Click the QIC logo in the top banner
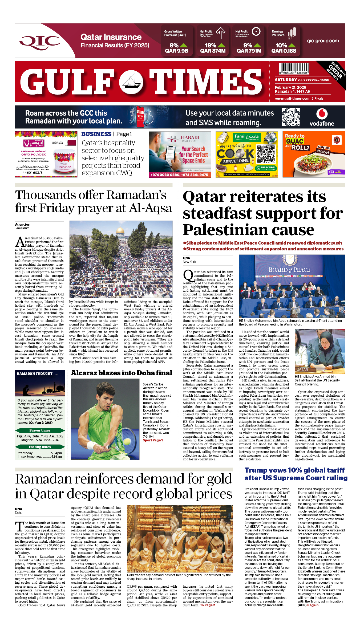click(x=40, y=41)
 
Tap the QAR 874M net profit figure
click(x=213, y=51)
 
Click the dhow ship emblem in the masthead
click(x=131, y=82)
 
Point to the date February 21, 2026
click(x=290, y=87)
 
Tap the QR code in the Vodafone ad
click(x=291, y=117)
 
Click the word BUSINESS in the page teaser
click(x=96, y=134)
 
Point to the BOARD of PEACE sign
click(x=289, y=270)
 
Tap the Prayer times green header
click(x=40, y=430)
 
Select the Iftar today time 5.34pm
click(x=56, y=453)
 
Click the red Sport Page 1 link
click(x=153, y=440)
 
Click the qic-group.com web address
click(x=323, y=41)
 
